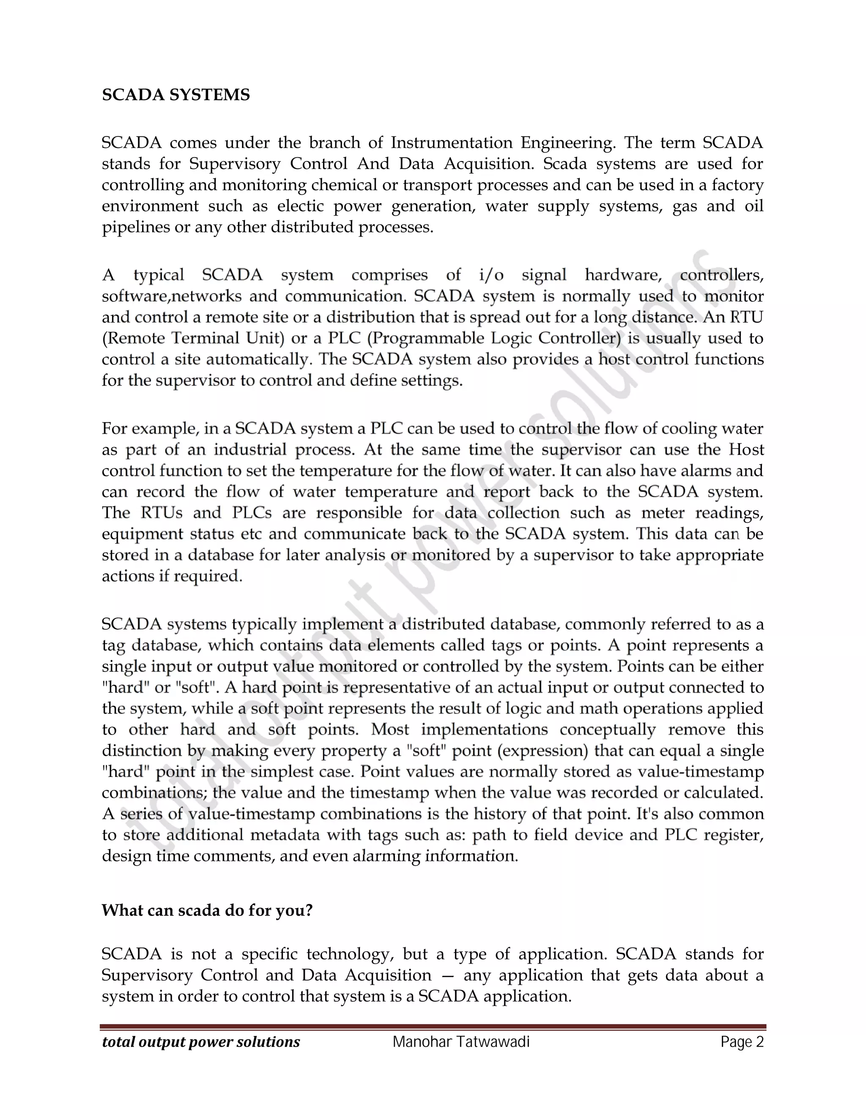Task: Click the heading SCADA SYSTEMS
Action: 176,95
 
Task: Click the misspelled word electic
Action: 297,206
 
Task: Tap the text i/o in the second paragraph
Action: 491,276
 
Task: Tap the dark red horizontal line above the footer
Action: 433,1027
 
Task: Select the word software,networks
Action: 171,296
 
